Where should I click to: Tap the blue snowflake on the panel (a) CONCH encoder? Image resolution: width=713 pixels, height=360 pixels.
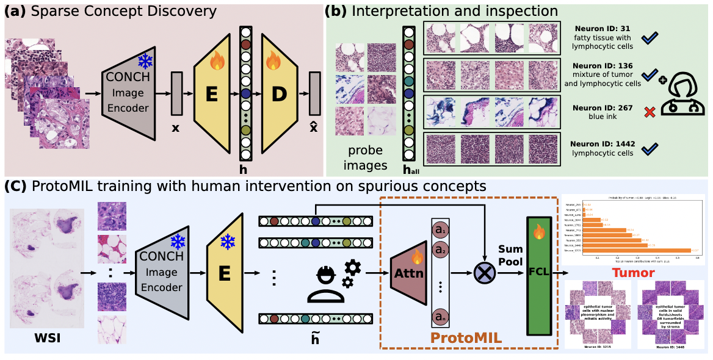(145, 61)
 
